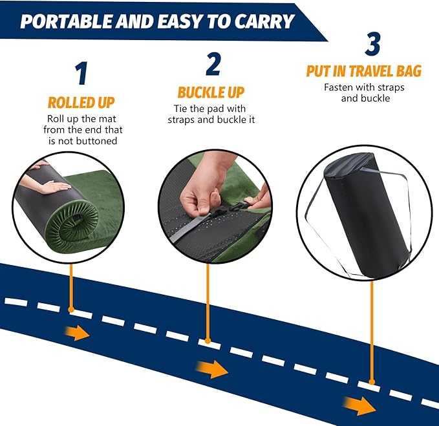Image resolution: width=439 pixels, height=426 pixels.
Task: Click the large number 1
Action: pos(81,74)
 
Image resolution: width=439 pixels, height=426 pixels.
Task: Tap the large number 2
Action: pos(213,64)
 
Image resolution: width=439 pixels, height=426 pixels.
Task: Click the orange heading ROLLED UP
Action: pos(81,103)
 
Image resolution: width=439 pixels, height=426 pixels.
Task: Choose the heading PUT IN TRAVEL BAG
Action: pos(363,71)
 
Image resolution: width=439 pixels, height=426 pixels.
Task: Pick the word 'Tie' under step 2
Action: pos(182,108)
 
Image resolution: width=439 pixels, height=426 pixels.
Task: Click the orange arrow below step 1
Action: pos(78,334)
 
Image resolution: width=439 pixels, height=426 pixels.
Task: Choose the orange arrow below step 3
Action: pos(362,405)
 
